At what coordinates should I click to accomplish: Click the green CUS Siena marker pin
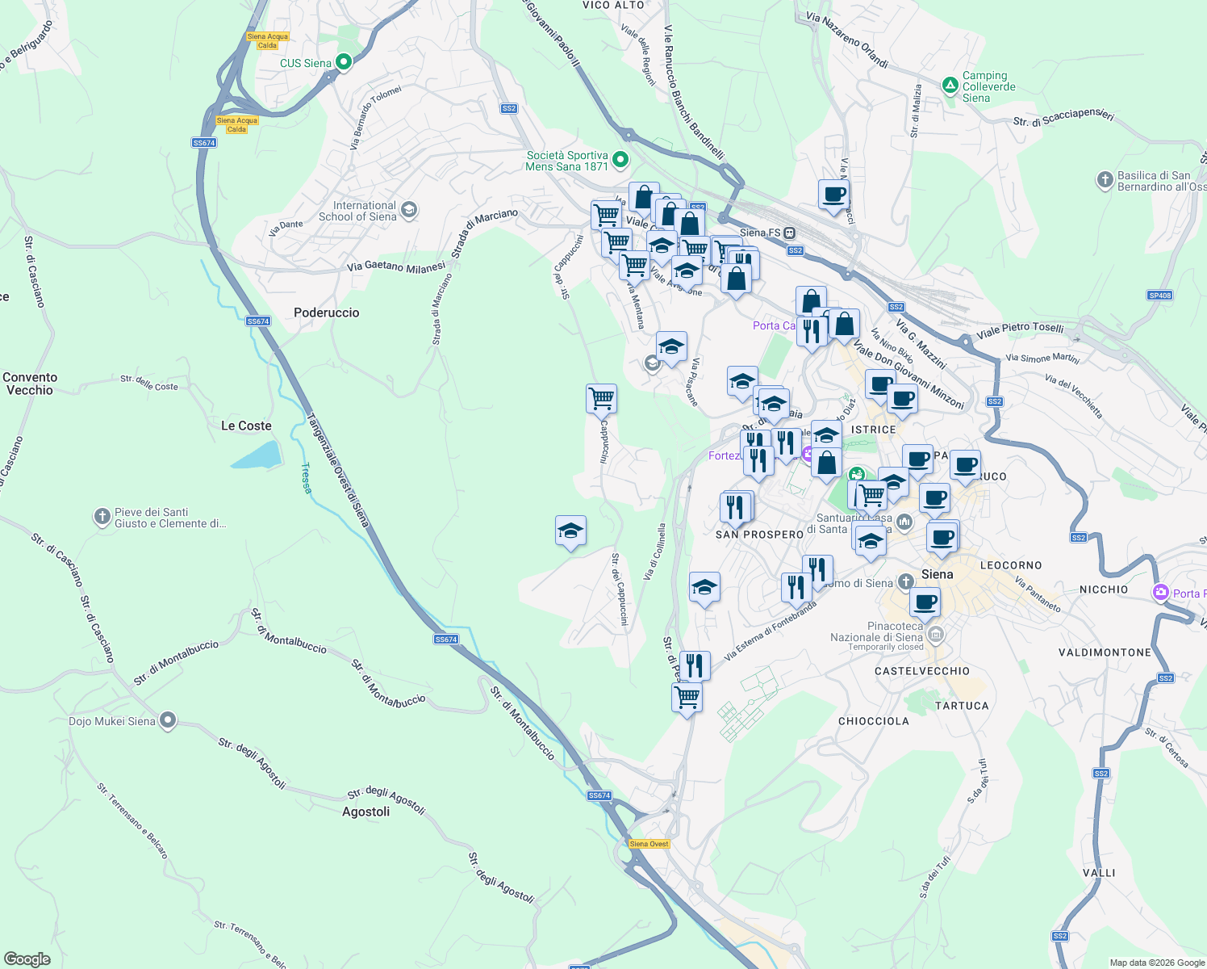coord(343,61)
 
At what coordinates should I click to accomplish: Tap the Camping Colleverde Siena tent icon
coord(950,85)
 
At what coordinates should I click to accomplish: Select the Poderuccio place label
coord(326,313)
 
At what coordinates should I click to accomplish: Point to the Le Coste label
coord(246,426)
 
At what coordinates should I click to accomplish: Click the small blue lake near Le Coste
coord(257,455)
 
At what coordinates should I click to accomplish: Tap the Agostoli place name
coord(365,812)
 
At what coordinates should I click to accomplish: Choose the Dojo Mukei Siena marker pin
coord(167,719)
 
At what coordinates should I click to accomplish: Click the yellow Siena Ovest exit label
coord(649,844)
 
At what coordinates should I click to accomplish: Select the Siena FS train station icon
coord(790,233)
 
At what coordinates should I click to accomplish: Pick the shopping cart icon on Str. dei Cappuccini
coord(601,398)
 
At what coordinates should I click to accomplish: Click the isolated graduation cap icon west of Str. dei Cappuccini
coord(570,531)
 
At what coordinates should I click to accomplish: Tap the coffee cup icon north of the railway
coord(833,195)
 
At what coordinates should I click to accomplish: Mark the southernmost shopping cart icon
coord(687,696)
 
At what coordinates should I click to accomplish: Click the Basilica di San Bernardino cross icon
coord(1105,180)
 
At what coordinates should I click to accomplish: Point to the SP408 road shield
coord(1159,296)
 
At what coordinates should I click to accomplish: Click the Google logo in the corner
coord(27,959)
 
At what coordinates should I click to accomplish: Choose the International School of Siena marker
coord(409,211)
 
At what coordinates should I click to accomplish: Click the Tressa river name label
coord(306,477)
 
